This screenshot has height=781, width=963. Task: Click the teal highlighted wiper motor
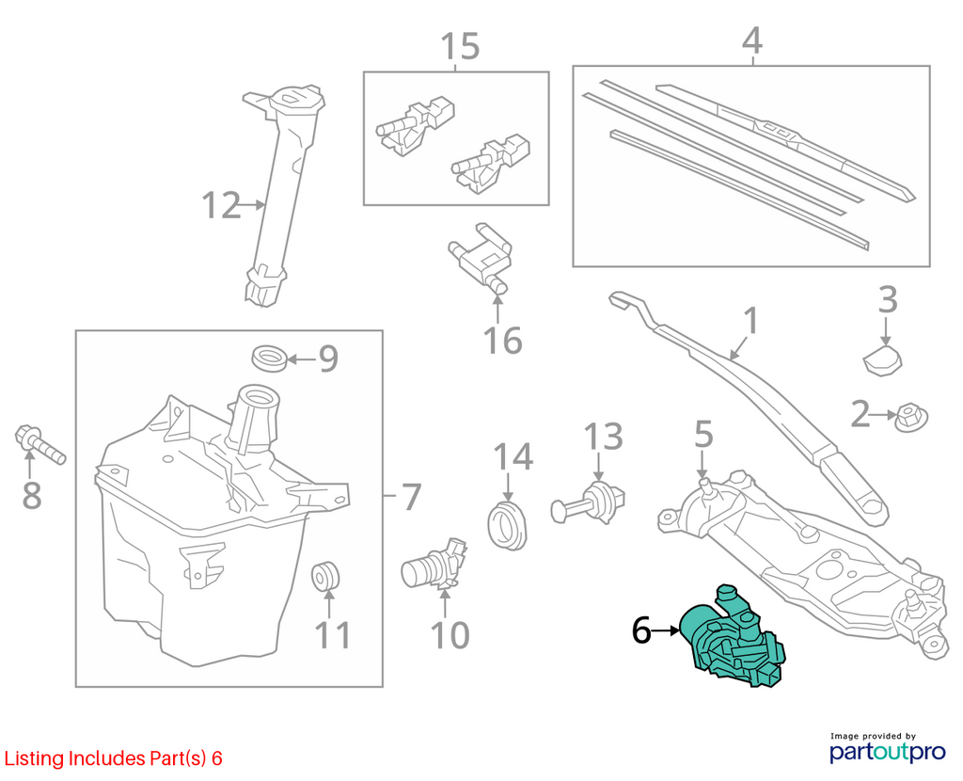(x=731, y=639)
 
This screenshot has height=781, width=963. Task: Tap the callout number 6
(x=641, y=630)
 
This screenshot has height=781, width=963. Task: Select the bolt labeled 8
(x=39, y=443)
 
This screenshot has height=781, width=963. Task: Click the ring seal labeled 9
(x=270, y=359)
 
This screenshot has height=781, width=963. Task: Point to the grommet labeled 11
(x=325, y=575)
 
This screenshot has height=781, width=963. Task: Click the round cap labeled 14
(x=507, y=526)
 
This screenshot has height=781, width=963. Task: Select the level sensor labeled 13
(x=588, y=503)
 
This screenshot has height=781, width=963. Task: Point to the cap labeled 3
(x=883, y=360)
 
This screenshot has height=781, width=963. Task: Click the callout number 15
(x=460, y=46)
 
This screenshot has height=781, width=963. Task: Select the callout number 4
(x=752, y=40)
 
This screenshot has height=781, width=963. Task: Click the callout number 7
(x=411, y=497)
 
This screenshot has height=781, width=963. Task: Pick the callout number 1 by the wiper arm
(x=750, y=322)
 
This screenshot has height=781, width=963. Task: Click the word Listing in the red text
(x=35, y=758)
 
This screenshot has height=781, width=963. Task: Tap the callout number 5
(x=703, y=435)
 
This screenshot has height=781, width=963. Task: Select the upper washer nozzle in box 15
(x=415, y=123)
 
